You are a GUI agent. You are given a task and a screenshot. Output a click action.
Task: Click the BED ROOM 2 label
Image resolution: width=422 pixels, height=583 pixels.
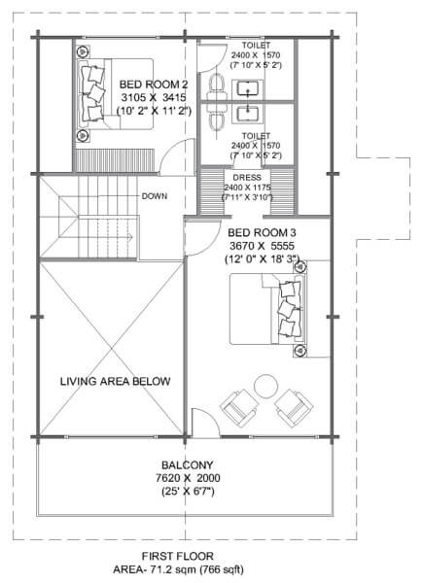tap(154, 85)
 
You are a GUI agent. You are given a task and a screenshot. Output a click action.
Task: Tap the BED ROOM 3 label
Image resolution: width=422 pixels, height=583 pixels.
tap(262, 233)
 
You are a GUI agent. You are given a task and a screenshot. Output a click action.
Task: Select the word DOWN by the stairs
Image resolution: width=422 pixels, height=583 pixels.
tap(155, 196)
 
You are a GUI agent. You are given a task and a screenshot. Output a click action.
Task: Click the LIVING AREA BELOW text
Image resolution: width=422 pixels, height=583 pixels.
tap(116, 381)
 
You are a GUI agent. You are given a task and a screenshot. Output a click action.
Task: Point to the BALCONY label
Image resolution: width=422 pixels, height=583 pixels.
tap(188, 465)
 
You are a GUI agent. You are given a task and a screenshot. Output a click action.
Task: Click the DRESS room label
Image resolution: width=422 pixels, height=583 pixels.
tap(247, 178)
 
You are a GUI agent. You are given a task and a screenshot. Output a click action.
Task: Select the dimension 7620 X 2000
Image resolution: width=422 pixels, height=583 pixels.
tap(188, 478)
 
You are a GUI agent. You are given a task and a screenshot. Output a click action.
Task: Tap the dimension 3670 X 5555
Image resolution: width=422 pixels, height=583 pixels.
tap(262, 246)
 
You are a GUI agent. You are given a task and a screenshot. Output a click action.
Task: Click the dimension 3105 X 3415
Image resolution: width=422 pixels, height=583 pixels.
tap(154, 98)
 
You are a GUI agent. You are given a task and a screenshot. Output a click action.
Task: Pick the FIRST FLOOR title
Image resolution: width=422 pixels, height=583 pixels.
tap(178, 556)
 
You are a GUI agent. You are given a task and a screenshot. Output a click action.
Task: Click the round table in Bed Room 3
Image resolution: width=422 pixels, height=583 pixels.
tap(265, 387)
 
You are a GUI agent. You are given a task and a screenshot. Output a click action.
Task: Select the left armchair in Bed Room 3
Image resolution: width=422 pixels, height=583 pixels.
tap(239, 408)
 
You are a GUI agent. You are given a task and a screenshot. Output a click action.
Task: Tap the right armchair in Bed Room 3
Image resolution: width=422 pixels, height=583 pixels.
tap(294, 408)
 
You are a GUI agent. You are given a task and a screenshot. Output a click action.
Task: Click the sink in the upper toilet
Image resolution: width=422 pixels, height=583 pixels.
tap(248, 89)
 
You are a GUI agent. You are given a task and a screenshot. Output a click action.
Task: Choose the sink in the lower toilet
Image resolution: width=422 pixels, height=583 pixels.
tap(248, 113)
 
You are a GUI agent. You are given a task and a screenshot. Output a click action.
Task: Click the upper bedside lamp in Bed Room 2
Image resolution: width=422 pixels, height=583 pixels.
tap(83, 51)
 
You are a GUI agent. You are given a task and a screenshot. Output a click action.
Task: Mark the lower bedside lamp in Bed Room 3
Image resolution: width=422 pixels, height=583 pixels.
tap(299, 350)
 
